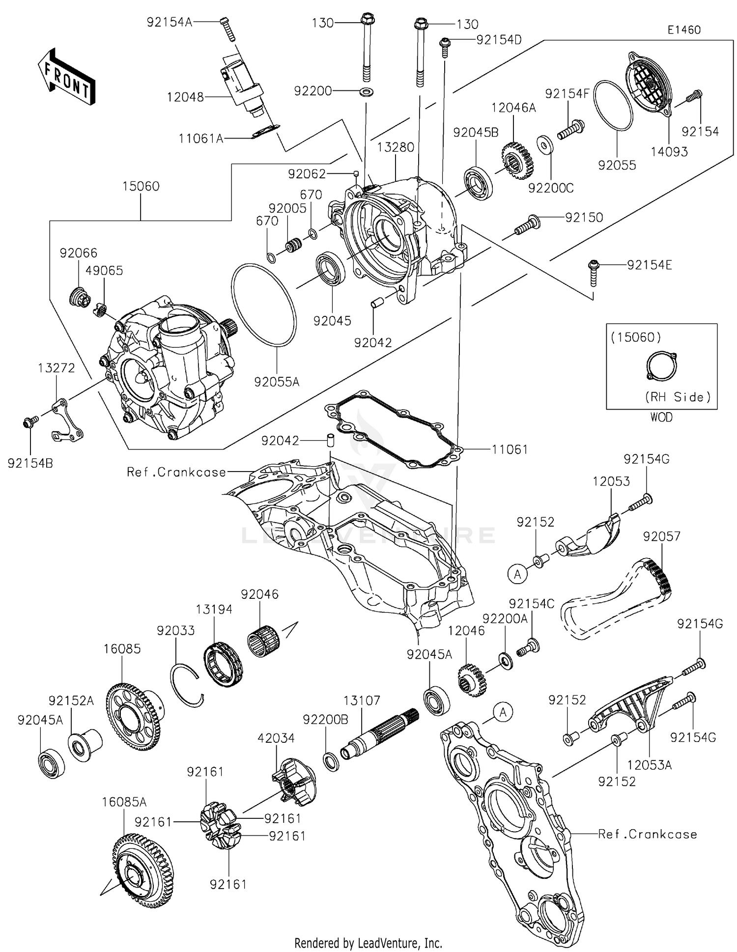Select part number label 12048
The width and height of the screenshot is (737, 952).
[x=185, y=97]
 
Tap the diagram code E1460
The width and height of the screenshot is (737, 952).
[x=683, y=30]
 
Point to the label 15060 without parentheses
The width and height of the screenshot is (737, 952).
[x=141, y=187]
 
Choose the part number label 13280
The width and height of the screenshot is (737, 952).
[x=396, y=147]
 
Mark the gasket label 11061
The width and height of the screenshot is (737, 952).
[x=510, y=449]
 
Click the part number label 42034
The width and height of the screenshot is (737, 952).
[x=276, y=738]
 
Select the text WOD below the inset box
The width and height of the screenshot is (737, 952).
[x=661, y=417]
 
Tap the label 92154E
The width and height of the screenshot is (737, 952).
[x=649, y=265]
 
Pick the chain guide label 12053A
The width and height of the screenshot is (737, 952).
[x=649, y=765]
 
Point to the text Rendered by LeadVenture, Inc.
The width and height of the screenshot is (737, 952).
[x=368, y=943]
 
